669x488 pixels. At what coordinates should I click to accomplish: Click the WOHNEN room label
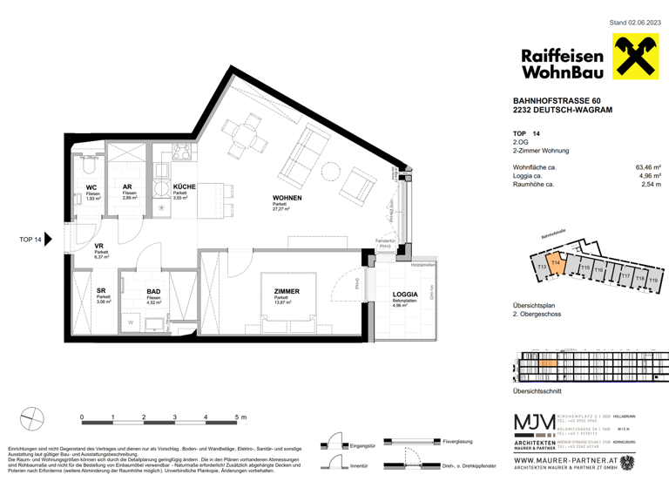coord(287,199)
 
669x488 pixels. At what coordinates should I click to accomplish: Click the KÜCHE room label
coord(184,187)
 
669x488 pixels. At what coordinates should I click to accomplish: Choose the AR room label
coord(127,187)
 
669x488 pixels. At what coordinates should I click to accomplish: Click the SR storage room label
coord(102,291)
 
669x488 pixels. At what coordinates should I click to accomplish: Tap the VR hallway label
coord(100,247)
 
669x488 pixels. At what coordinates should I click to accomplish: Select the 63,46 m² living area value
coord(648,166)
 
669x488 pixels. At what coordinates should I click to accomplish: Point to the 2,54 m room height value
coord(652,185)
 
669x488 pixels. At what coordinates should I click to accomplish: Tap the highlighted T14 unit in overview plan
coord(556,264)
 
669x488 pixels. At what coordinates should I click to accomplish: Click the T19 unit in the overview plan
coord(652,281)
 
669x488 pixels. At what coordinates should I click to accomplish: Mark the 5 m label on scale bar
coord(241,417)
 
